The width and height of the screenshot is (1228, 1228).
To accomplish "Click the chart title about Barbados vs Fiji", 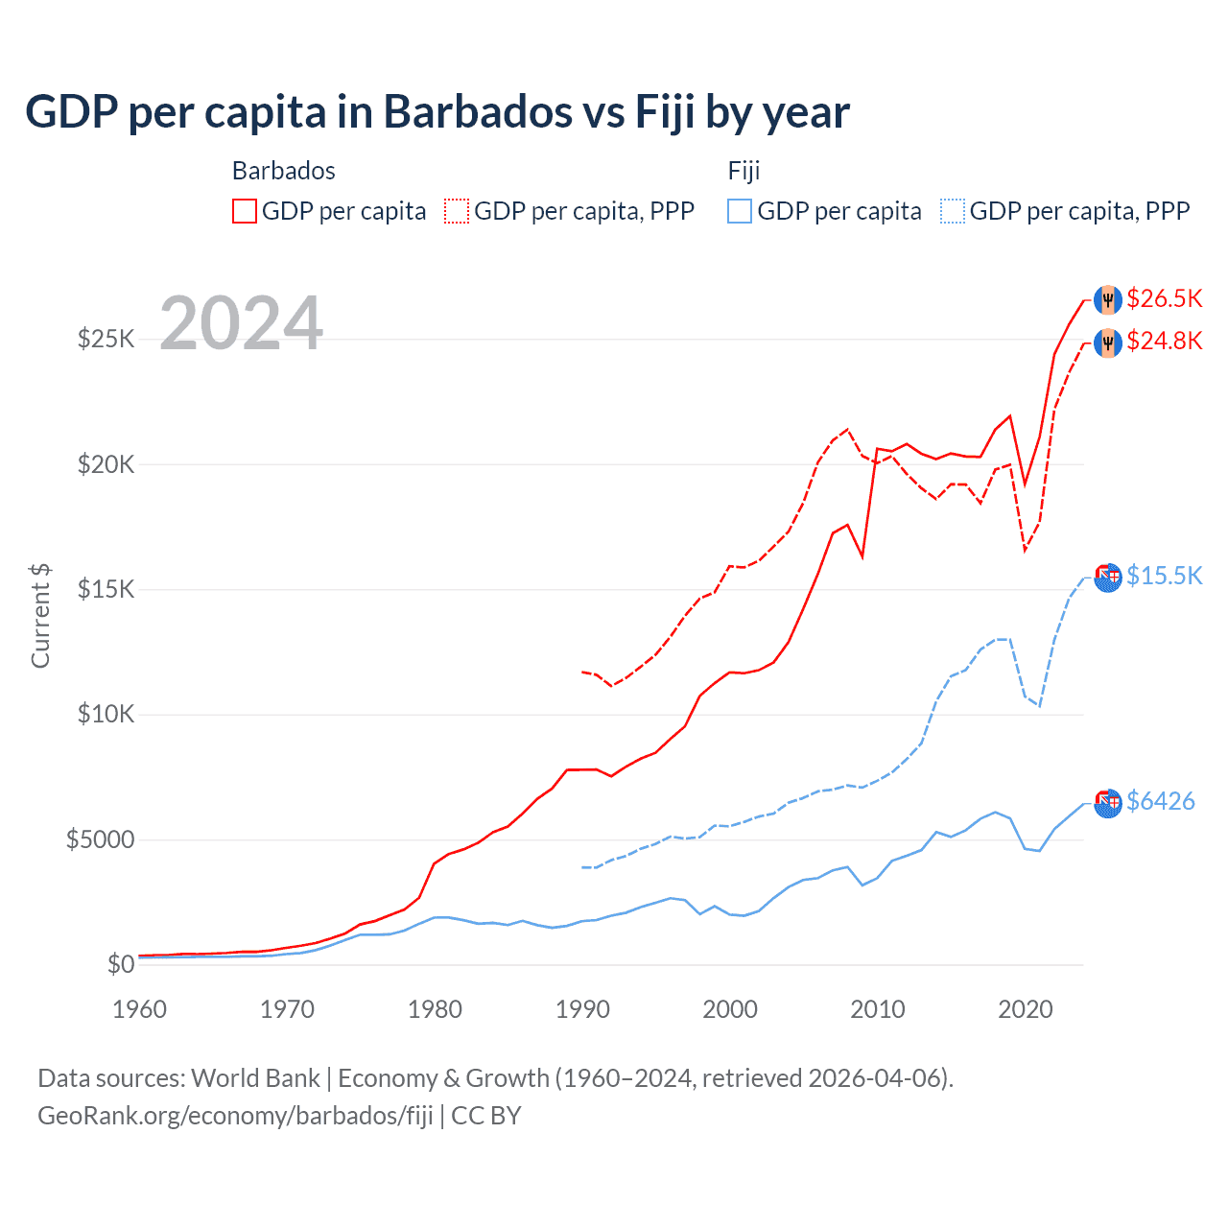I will pyautogui.click(x=437, y=112).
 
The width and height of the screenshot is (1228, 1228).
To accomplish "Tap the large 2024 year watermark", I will pyautogui.click(x=241, y=323).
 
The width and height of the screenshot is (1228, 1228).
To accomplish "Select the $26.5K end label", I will pyautogui.click(x=1164, y=299).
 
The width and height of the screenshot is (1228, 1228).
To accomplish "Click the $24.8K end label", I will pyautogui.click(x=1164, y=342).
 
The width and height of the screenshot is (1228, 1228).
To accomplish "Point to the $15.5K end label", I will pyautogui.click(x=1164, y=576).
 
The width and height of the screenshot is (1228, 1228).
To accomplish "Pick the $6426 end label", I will pyautogui.click(x=1160, y=801).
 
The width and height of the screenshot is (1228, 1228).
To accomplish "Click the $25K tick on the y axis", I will pyautogui.click(x=106, y=339).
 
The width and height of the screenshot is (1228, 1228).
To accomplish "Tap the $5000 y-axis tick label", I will pyautogui.click(x=100, y=840).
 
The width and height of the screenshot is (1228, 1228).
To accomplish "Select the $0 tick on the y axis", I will pyautogui.click(x=120, y=964).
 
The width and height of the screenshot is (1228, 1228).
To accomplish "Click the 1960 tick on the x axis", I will pyautogui.click(x=140, y=1009).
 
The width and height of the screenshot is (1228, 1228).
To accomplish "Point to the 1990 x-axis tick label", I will pyautogui.click(x=582, y=1009).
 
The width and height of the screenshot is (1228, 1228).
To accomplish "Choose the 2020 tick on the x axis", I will pyautogui.click(x=1025, y=1009).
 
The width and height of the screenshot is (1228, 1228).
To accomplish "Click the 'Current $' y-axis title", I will pyautogui.click(x=40, y=616).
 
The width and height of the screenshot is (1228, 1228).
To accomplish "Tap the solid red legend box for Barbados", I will pyautogui.click(x=245, y=211).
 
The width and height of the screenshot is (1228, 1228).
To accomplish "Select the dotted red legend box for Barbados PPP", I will pyautogui.click(x=457, y=211).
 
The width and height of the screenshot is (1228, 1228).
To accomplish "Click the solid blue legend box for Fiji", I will pyautogui.click(x=740, y=211).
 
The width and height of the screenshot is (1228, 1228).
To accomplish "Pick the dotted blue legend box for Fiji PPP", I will pyautogui.click(x=953, y=211).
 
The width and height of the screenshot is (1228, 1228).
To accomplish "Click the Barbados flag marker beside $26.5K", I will pyautogui.click(x=1108, y=299).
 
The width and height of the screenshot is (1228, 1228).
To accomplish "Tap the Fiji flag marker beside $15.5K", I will pyautogui.click(x=1108, y=578).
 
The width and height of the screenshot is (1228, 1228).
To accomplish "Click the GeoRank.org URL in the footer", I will pyautogui.click(x=235, y=1116).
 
